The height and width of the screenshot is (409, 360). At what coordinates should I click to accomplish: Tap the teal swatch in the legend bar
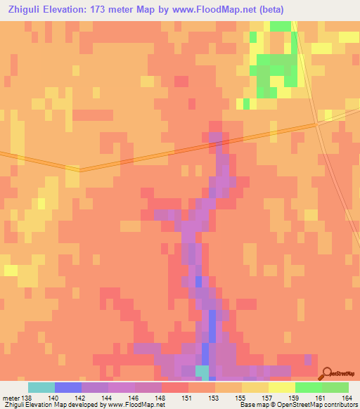[41, 387]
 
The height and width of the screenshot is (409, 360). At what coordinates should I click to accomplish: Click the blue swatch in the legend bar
[67, 387]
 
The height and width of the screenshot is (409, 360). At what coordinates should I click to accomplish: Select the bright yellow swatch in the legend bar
[281, 387]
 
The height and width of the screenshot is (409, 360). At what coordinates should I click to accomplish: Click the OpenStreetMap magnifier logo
[328, 372]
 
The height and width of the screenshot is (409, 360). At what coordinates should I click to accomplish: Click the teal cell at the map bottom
[202, 370]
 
